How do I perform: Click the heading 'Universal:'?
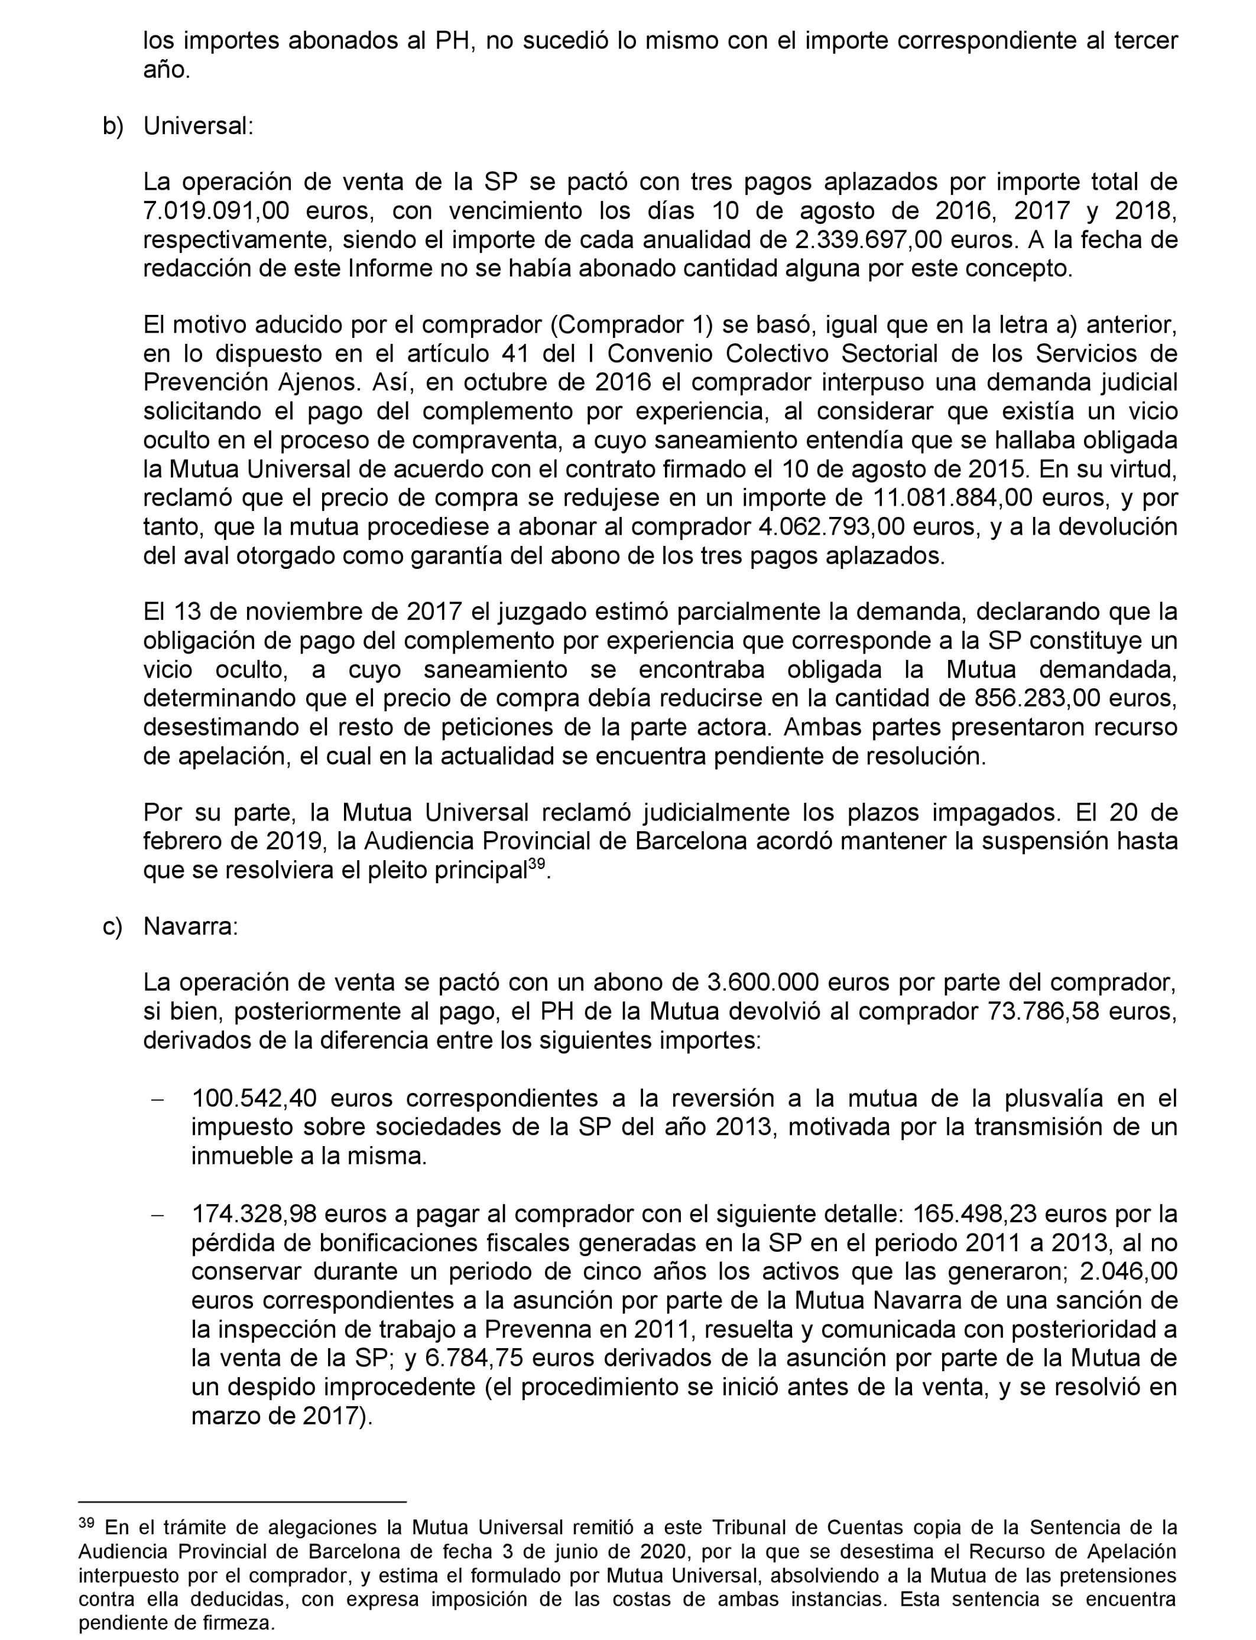click(x=198, y=126)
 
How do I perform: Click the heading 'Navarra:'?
click(x=191, y=926)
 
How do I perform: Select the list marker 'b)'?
click(x=113, y=126)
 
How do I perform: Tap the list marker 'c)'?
click(x=112, y=926)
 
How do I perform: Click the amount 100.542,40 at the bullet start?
click(x=254, y=1098)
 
